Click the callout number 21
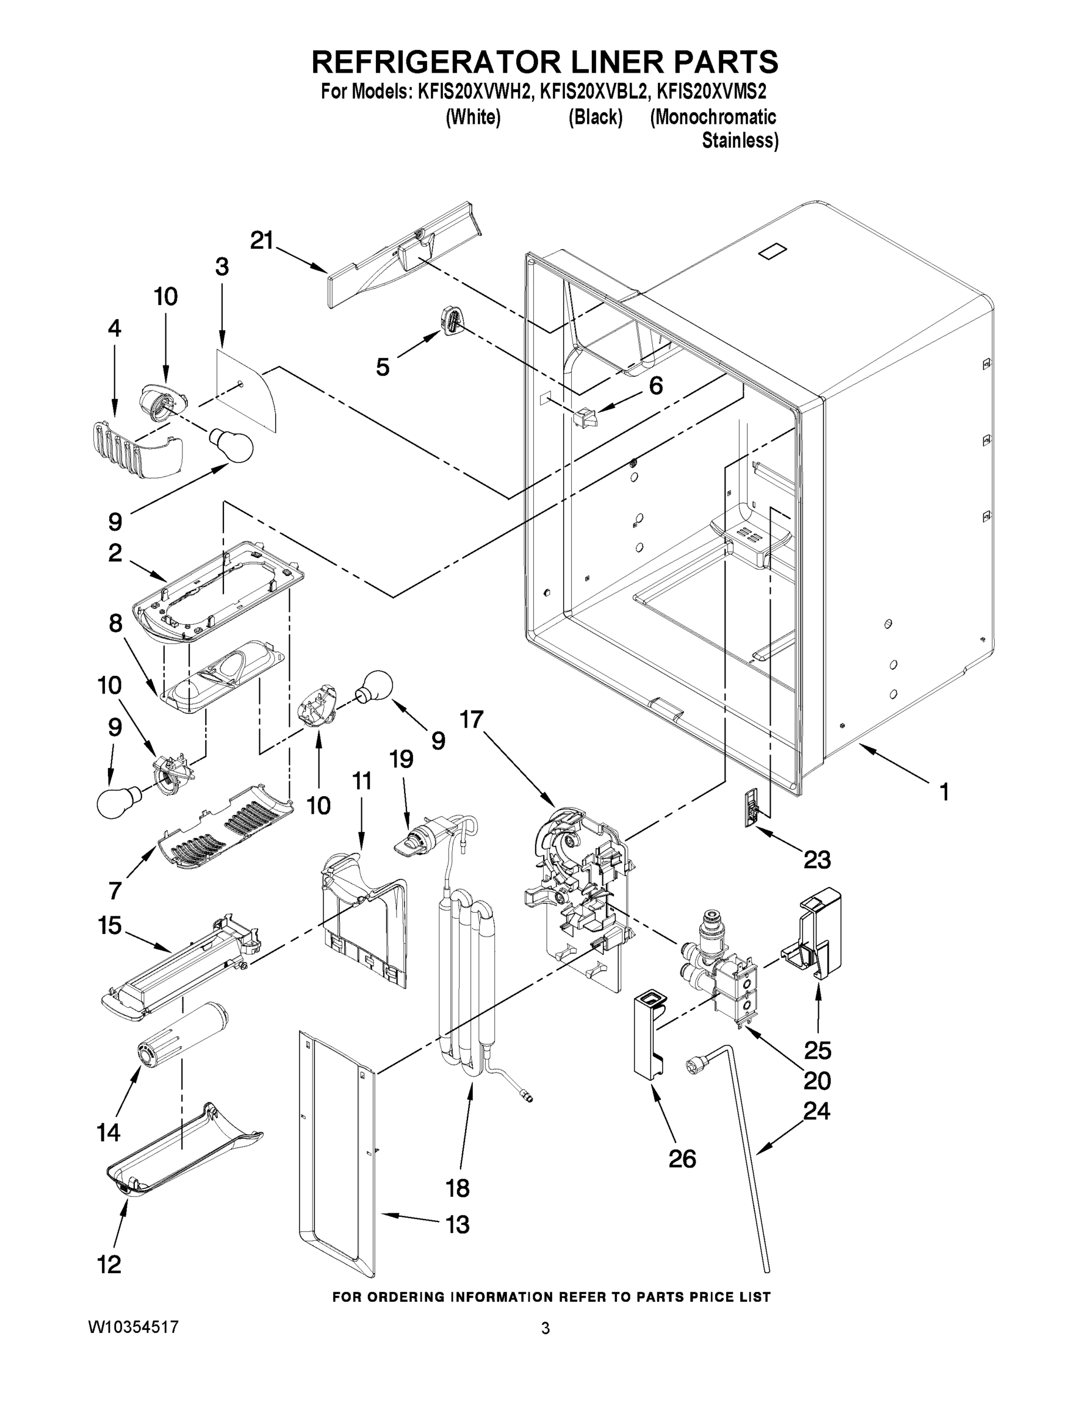pos(262,241)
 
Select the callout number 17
pos(471,719)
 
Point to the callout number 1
pos(944,791)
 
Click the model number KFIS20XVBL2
pos(593,92)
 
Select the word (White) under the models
pos(473,117)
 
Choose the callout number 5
pos(382,367)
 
